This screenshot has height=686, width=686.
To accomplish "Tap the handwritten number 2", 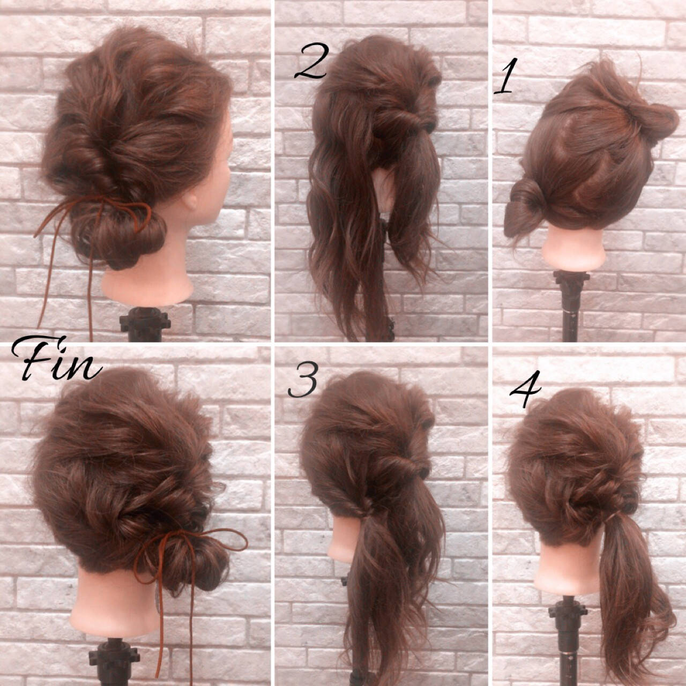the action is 310,61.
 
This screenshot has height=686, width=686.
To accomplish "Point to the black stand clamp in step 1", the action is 571,281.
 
